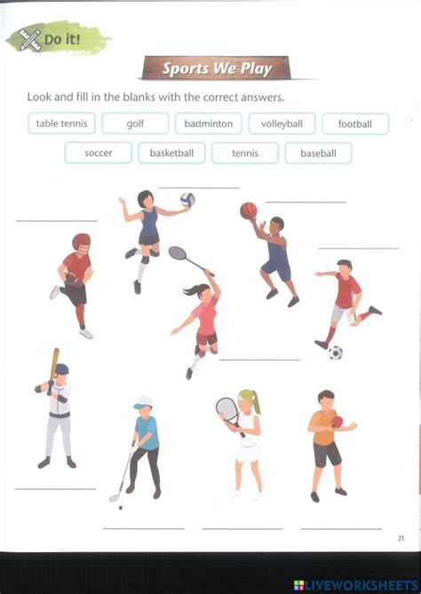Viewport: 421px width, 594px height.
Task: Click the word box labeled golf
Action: (135, 123)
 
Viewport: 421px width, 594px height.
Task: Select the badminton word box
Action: (209, 123)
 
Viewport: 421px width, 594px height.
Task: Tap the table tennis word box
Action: (61, 123)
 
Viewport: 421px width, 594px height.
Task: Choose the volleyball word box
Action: (282, 123)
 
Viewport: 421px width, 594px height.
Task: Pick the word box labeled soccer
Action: (99, 153)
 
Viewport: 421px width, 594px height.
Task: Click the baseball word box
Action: (318, 153)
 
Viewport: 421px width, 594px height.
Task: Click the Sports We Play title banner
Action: (216, 68)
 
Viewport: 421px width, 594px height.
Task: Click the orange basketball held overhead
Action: (248, 210)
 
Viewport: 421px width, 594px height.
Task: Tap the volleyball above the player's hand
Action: (187, 200)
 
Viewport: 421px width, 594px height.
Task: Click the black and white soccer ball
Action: (336, 352)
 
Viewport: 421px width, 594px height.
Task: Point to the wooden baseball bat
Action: (54, 360)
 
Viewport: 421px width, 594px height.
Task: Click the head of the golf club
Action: (115, 498)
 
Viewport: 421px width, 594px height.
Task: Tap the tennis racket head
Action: (226, 409)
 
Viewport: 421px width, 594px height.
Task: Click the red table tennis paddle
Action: (337, 422)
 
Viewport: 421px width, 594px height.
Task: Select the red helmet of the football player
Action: (81, 242)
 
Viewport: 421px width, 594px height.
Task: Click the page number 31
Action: (401, 538)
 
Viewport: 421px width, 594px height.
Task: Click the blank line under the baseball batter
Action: (55, 488)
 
